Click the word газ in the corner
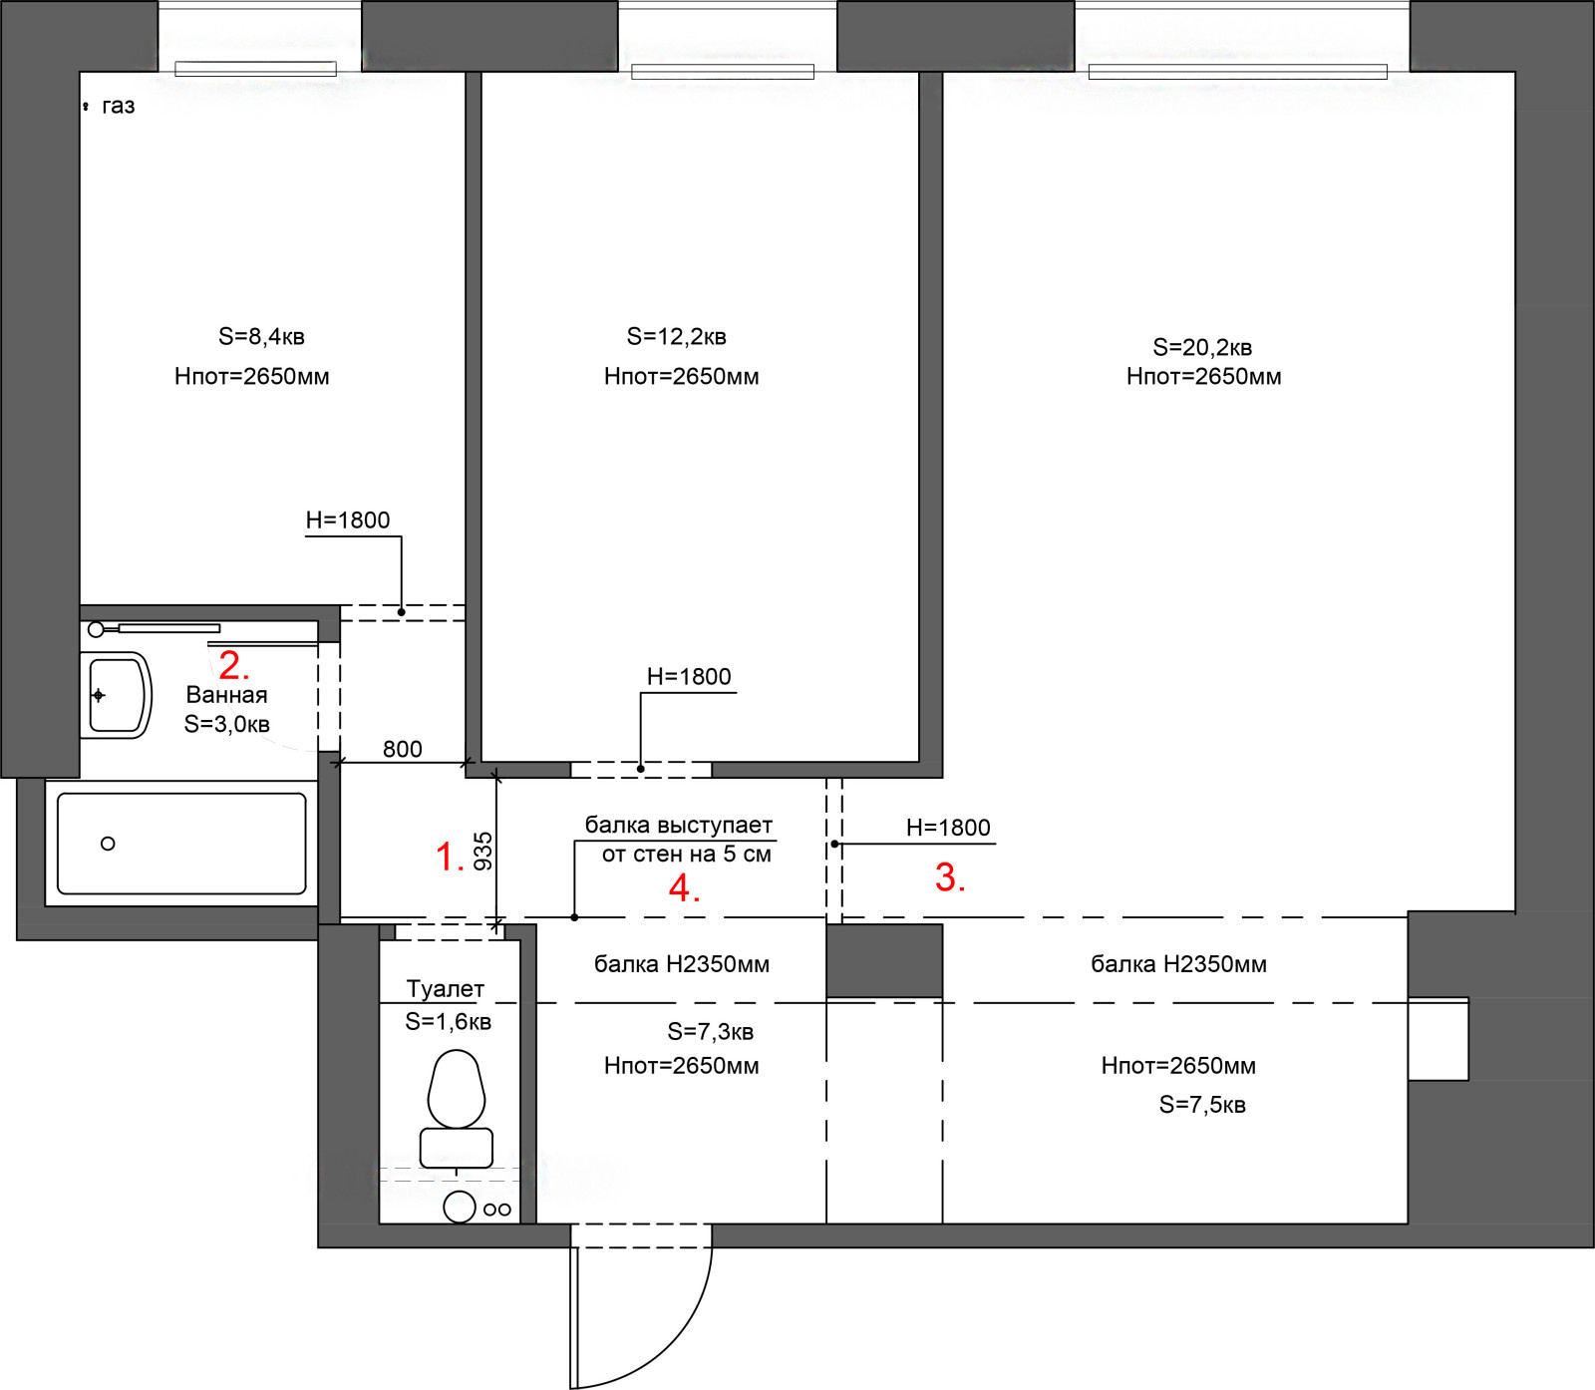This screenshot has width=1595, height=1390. pos(118,107)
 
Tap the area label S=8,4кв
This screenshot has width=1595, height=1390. pos(261,337)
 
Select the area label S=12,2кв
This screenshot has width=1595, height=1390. pos(676,337)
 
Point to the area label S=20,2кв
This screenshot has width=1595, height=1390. pos(1202,348)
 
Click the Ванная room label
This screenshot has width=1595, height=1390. pos(226,695)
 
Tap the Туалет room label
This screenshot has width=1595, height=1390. pos(445,989)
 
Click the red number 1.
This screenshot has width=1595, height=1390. pos(450,858)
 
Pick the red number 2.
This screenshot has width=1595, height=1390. pos(233,665)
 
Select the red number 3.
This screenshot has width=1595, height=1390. pos(950,877)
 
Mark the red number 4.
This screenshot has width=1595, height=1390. pos(684,887)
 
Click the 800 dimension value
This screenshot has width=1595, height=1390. pos(402,749)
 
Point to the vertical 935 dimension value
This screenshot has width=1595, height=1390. pos(483,852)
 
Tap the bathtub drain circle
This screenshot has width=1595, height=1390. pos(108,844)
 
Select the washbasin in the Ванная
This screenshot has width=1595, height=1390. pos(117,695)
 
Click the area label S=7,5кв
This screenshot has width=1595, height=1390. pos(1202,1105)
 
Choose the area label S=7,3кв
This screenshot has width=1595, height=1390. pos(710,1032)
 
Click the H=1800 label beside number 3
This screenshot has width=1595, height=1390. pos(948,828)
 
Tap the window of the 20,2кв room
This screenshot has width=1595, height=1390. pos(1238,72)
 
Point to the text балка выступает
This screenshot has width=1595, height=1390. pos(678,826)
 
